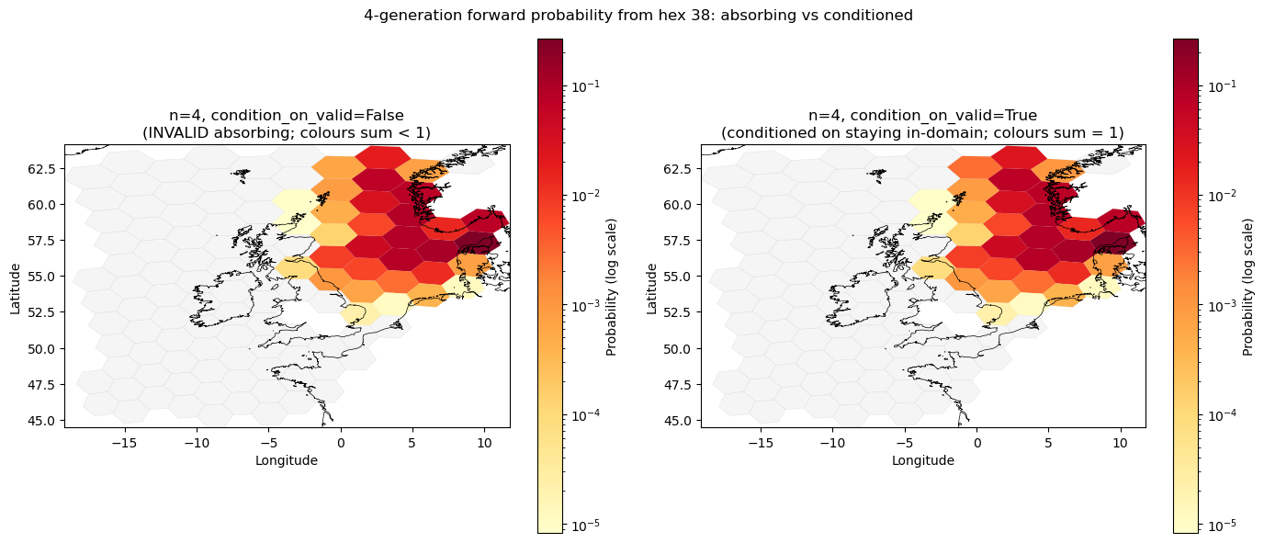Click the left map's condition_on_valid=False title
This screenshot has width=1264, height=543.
tap(286, 124)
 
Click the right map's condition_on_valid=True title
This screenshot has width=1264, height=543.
tap(922, 124)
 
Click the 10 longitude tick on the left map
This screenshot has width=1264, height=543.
tap(484, 443)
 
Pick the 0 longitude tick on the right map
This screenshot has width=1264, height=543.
tap(976, 443)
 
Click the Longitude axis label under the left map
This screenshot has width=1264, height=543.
tap(287, 460)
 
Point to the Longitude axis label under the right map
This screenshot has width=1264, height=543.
tap(922, 460)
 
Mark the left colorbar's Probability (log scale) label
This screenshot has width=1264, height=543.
tap(612, 286)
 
